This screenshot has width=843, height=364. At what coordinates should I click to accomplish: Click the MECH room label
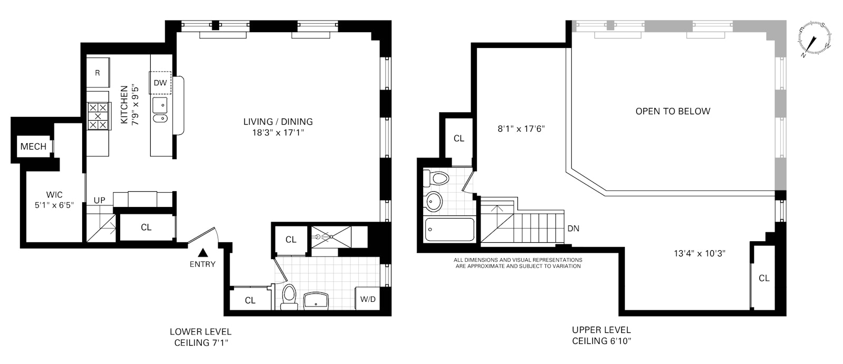click(34, 146)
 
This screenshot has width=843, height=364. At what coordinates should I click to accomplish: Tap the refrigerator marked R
click(98, 73)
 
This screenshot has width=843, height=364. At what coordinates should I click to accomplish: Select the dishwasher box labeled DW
click(160, 83)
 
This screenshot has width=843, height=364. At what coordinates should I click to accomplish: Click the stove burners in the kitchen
click(97, 116)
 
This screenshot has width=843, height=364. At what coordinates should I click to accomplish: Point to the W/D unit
click(368, 299)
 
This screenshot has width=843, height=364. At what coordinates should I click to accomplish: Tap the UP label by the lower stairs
click(99, 201)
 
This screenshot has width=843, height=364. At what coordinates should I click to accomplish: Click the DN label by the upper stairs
click(573, 229)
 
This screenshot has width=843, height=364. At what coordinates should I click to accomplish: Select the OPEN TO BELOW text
click(672, 111)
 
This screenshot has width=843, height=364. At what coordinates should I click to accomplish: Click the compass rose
click(815, 38)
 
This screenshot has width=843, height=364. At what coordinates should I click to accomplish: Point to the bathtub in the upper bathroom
click(449, 229)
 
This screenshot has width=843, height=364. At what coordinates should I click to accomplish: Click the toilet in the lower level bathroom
click(289, 297)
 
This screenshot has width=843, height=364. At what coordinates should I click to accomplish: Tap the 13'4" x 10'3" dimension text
click(700, 253)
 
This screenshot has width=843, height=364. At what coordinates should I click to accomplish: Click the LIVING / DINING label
click(278, 122)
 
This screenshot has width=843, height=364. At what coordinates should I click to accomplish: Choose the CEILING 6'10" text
click(602, 341)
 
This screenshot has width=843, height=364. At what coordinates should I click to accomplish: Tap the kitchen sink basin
click(160, 106)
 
